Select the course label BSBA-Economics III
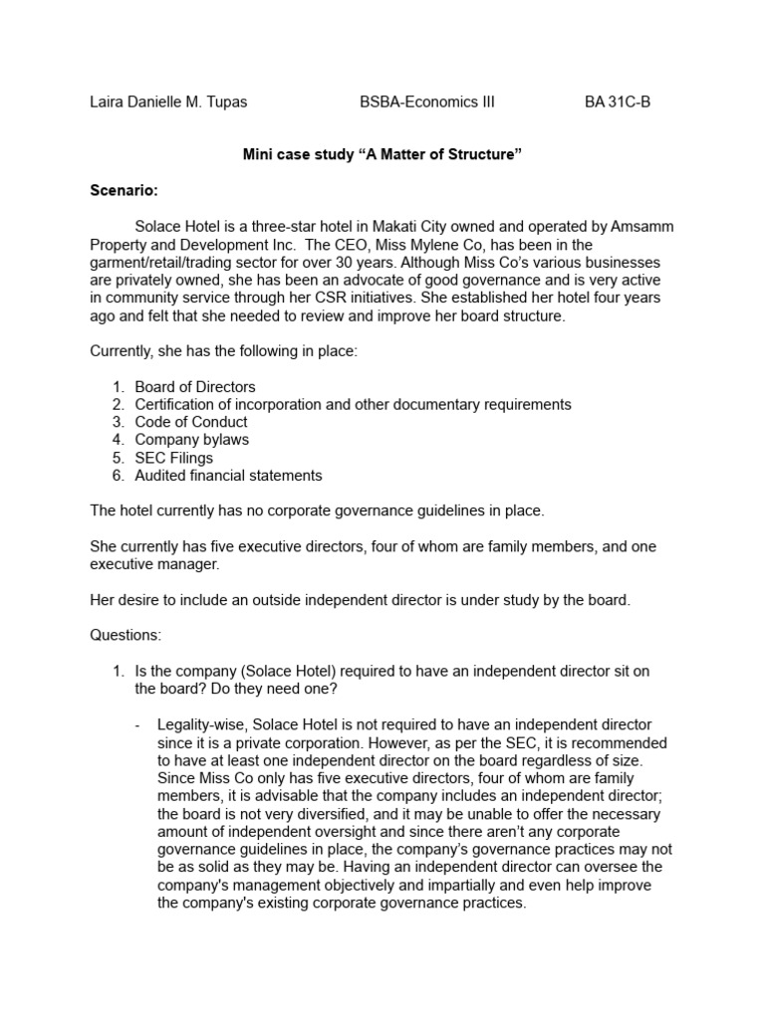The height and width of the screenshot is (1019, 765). point(426,102)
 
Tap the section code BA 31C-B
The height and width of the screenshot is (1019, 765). point(618,102)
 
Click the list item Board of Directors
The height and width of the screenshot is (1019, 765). point(195,386)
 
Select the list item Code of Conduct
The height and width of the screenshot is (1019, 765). point(191,422)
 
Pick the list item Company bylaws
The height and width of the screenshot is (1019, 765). point(192,440)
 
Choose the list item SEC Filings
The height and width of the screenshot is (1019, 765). point(174,458)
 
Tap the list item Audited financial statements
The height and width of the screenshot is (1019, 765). point(228,476)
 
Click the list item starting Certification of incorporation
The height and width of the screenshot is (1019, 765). point(353,404)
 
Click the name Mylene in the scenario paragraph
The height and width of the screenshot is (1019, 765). point(454,245)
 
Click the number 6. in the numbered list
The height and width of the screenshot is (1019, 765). point(118,476)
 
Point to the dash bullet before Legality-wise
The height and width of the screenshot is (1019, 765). point(137,724)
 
